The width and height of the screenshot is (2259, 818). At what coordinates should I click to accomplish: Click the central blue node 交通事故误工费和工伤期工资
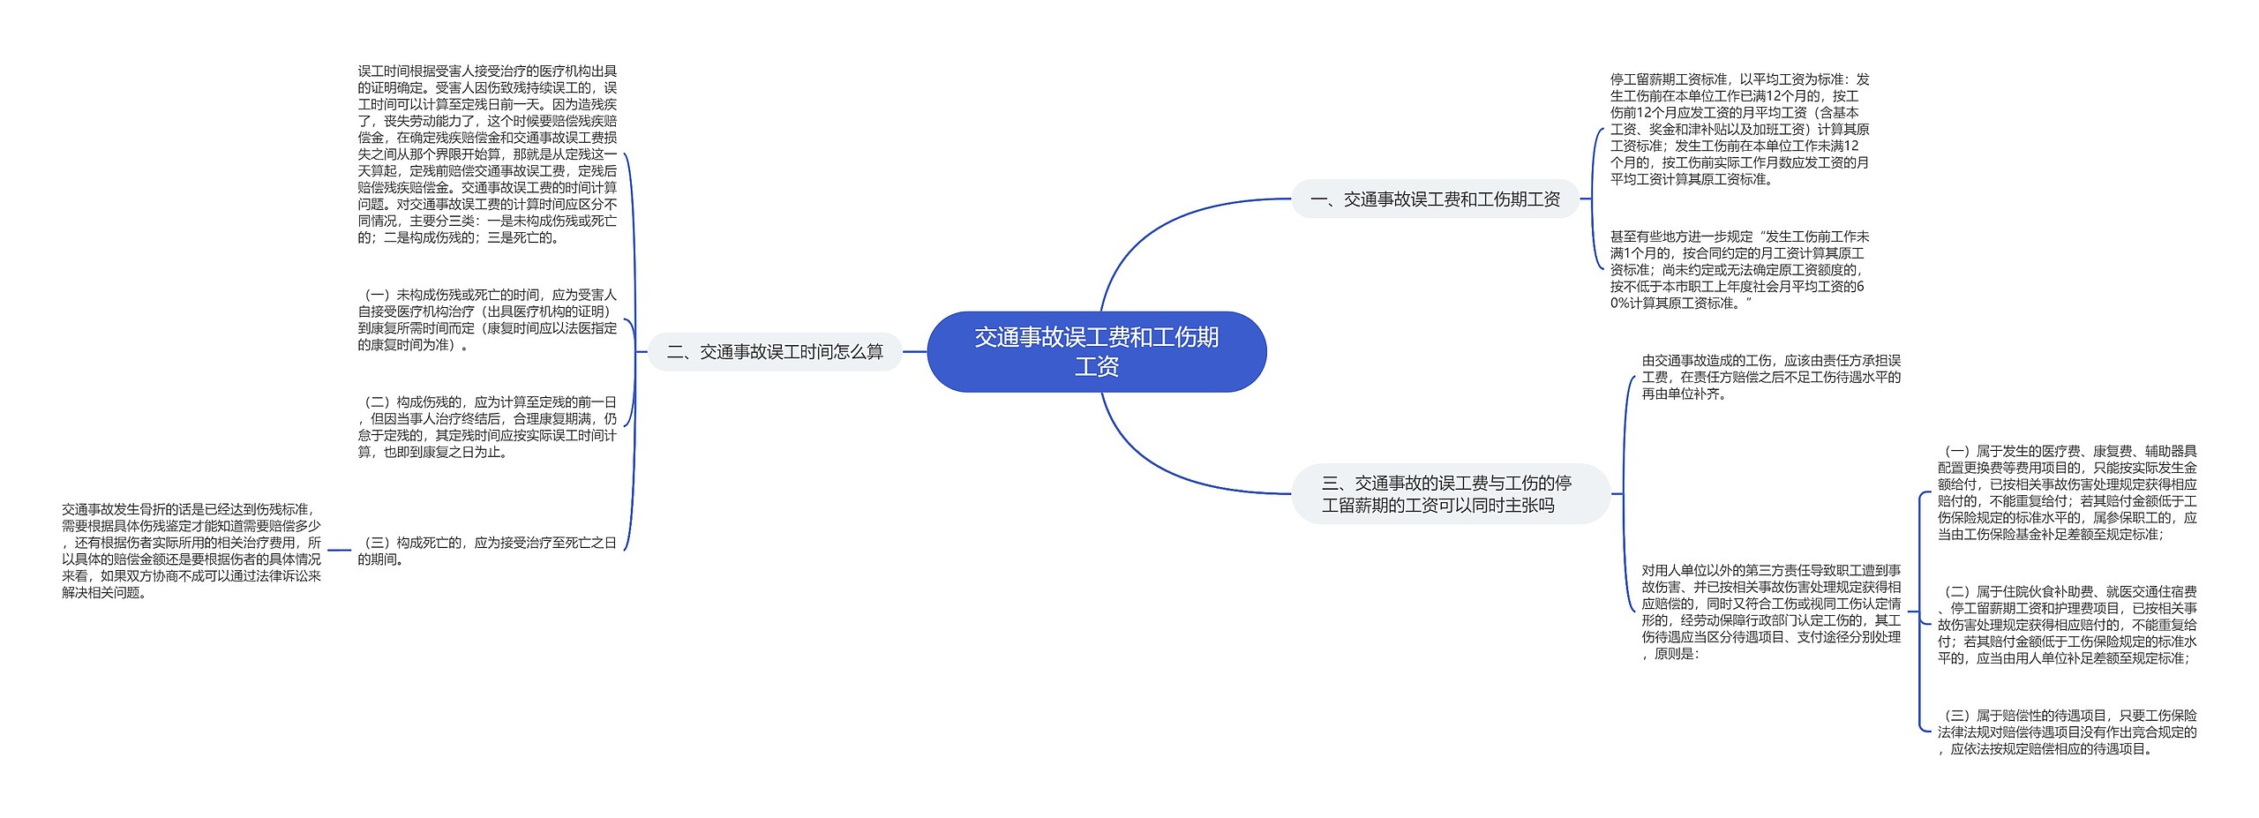point(1096,351)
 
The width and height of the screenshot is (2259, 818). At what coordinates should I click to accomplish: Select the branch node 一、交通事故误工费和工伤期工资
point(1435,199)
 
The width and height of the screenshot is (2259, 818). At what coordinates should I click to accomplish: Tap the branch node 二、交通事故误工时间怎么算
point(774,352)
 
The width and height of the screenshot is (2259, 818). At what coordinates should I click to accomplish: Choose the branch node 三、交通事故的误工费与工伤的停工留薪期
point(1446,494)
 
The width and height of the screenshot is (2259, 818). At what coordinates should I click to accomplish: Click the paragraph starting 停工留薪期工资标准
point(1739,129)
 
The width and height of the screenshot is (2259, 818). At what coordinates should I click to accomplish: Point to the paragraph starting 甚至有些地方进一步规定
point(1739,269)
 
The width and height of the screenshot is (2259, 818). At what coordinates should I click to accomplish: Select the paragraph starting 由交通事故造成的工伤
point(1770,377)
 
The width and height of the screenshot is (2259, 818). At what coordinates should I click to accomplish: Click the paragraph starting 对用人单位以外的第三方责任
point(1770,612)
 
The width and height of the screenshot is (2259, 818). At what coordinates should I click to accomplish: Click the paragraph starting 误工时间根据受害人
point(487,154)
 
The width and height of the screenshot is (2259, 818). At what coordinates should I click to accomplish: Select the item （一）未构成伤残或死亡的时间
point(487,319)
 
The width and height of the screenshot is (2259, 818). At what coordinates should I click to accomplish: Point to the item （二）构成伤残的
point(487,427)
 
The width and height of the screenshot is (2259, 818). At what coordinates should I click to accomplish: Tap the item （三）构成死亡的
point(487,551)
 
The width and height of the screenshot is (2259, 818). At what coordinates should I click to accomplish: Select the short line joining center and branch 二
point(914,352)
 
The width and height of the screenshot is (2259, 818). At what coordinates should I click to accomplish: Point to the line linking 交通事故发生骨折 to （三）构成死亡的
point(339,551)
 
